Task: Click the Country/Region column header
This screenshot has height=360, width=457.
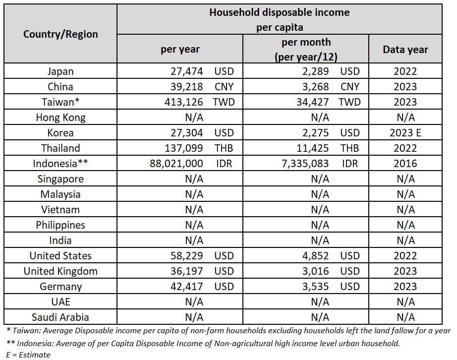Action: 60,34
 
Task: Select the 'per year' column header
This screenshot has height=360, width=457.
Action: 180,49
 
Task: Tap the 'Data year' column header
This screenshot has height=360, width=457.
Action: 405,49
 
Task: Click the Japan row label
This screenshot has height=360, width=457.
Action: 60,71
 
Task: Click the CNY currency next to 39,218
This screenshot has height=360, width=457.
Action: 224,87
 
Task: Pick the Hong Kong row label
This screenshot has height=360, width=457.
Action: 60,118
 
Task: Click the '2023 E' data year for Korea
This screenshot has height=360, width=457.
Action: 405,133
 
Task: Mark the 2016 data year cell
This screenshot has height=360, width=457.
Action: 405,164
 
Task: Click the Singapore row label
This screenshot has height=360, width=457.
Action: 60,179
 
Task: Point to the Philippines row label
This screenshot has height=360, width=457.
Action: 60,225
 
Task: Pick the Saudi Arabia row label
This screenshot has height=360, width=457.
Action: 60,317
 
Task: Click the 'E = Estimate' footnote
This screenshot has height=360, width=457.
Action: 28,355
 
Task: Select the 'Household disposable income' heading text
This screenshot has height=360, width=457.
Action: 279,12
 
